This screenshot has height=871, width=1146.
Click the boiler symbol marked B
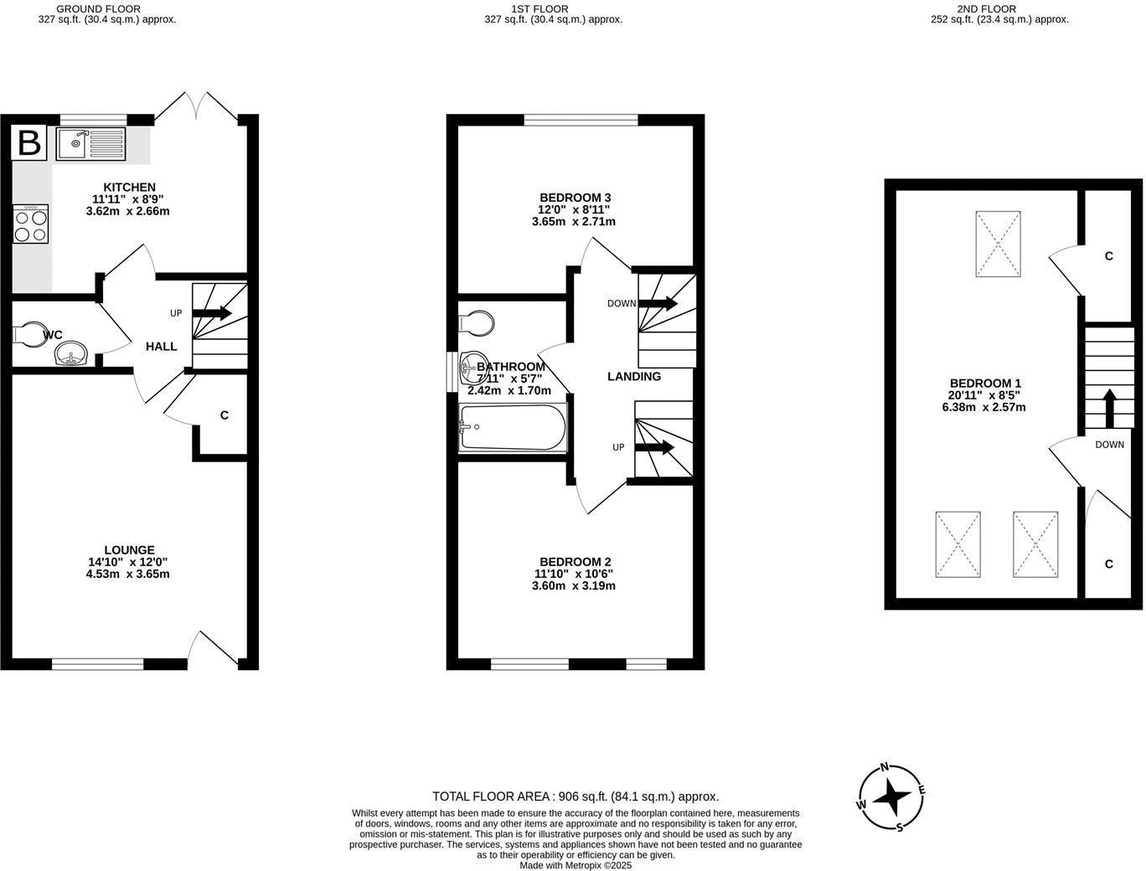29,143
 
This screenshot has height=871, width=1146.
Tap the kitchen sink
90,144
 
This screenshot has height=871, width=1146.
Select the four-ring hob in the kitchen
31,224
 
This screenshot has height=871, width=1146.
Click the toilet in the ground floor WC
30,334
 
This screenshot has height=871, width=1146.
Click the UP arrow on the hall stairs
214,313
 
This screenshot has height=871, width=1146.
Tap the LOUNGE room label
129,550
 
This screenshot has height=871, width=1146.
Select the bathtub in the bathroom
512,429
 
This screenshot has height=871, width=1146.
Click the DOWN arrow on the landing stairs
658,303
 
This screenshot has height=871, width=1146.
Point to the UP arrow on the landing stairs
655,447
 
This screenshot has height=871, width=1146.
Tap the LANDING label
633,377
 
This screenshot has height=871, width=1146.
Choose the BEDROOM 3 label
574,198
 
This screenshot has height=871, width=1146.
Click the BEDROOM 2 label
575,562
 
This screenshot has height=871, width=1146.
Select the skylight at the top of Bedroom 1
998,244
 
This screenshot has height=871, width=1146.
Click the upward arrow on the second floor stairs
1109,408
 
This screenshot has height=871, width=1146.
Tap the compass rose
891,797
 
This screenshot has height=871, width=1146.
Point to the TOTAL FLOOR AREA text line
575,796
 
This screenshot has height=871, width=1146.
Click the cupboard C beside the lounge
224,415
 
